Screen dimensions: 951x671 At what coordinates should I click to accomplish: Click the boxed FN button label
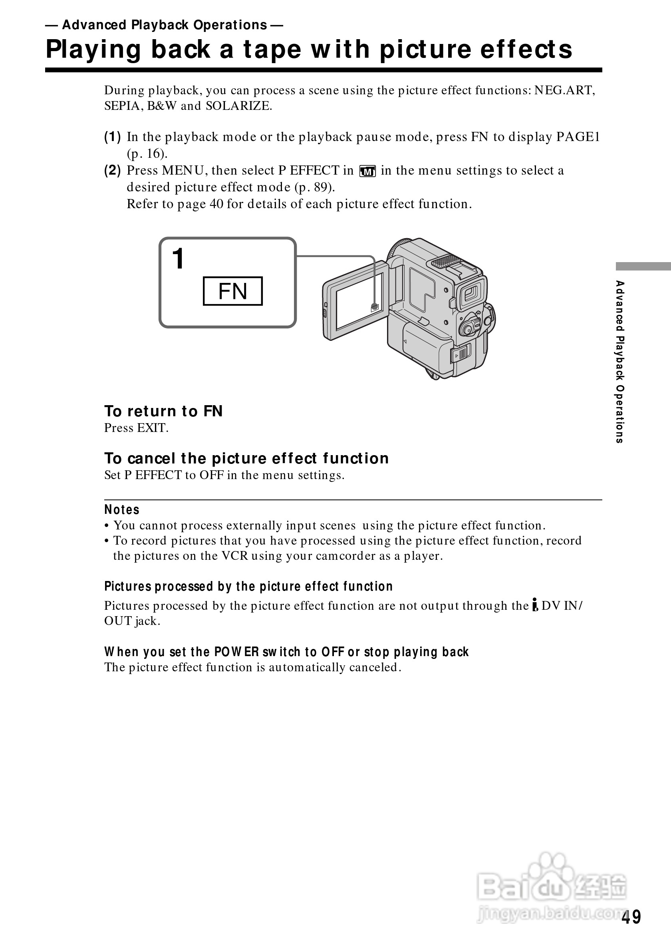click(x=232, y=291)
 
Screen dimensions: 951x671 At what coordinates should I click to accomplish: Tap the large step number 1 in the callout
click(x=179, y=259)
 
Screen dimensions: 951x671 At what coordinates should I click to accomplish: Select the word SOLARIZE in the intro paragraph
click(x=238, y=106)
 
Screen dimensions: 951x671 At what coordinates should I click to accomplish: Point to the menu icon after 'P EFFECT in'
click(x=367, y=171)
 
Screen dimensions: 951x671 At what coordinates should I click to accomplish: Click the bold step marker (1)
click(x=112, y=137)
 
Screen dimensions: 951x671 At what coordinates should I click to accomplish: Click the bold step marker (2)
click(x=112, y=170)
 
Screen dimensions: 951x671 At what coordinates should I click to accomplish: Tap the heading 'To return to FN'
click(x=163, y=411)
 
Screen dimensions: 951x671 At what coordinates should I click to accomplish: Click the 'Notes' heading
click(x=122, y=509)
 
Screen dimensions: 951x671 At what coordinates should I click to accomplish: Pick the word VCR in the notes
click(x=234, y=556)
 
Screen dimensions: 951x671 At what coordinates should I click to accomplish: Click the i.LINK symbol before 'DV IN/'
click(x=535, y=605)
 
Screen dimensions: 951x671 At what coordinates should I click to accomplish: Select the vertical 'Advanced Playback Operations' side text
click(x=619, y=362)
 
